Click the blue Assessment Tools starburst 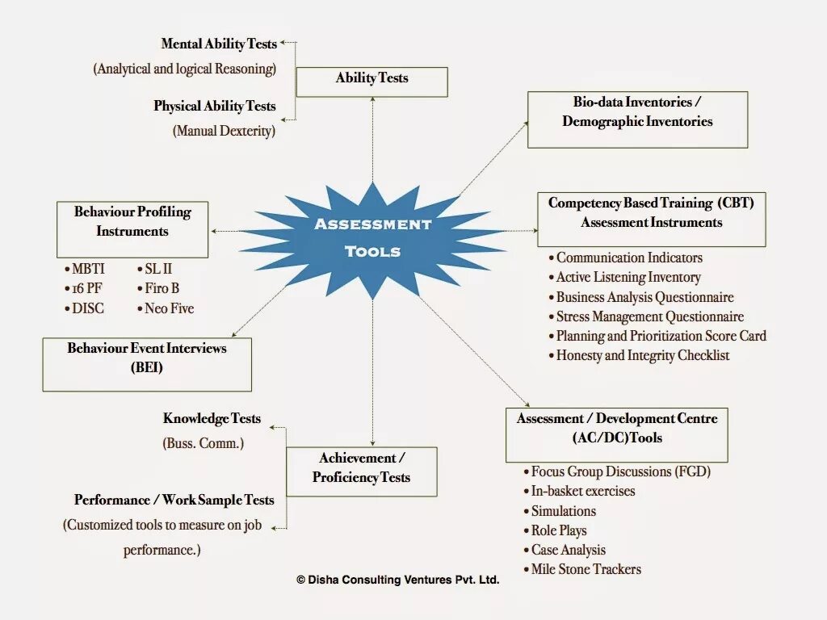coord(372,238)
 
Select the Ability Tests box coord(372,82)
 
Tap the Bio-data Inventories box coord(637,119)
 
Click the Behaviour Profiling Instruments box coord(132,229)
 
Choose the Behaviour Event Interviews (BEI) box coord(147,364)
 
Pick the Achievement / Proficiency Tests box coord(361,471)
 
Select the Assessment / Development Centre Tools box coord(617,434)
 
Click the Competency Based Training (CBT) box coord(651,219)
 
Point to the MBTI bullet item coord(86,269)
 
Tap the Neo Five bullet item coord(169,308)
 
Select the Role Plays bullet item coord(558,530)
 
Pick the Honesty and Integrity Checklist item coord(642,355)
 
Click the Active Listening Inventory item coord(628,277)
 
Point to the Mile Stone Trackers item coord(586,569)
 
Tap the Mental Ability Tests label coord(219,44)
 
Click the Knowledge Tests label coord(212,418)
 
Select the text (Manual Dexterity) coord(224,130)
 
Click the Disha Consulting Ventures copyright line coord(398,580)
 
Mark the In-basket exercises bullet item coord(582,491)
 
